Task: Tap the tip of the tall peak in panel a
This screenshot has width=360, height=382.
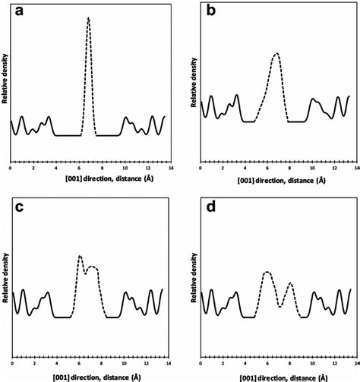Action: coord(89,17)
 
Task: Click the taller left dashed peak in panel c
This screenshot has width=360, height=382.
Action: coord(80,257)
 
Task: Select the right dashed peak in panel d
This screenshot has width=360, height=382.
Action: coord(290,283)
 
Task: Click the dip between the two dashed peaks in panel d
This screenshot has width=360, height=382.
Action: coord(281,306)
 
